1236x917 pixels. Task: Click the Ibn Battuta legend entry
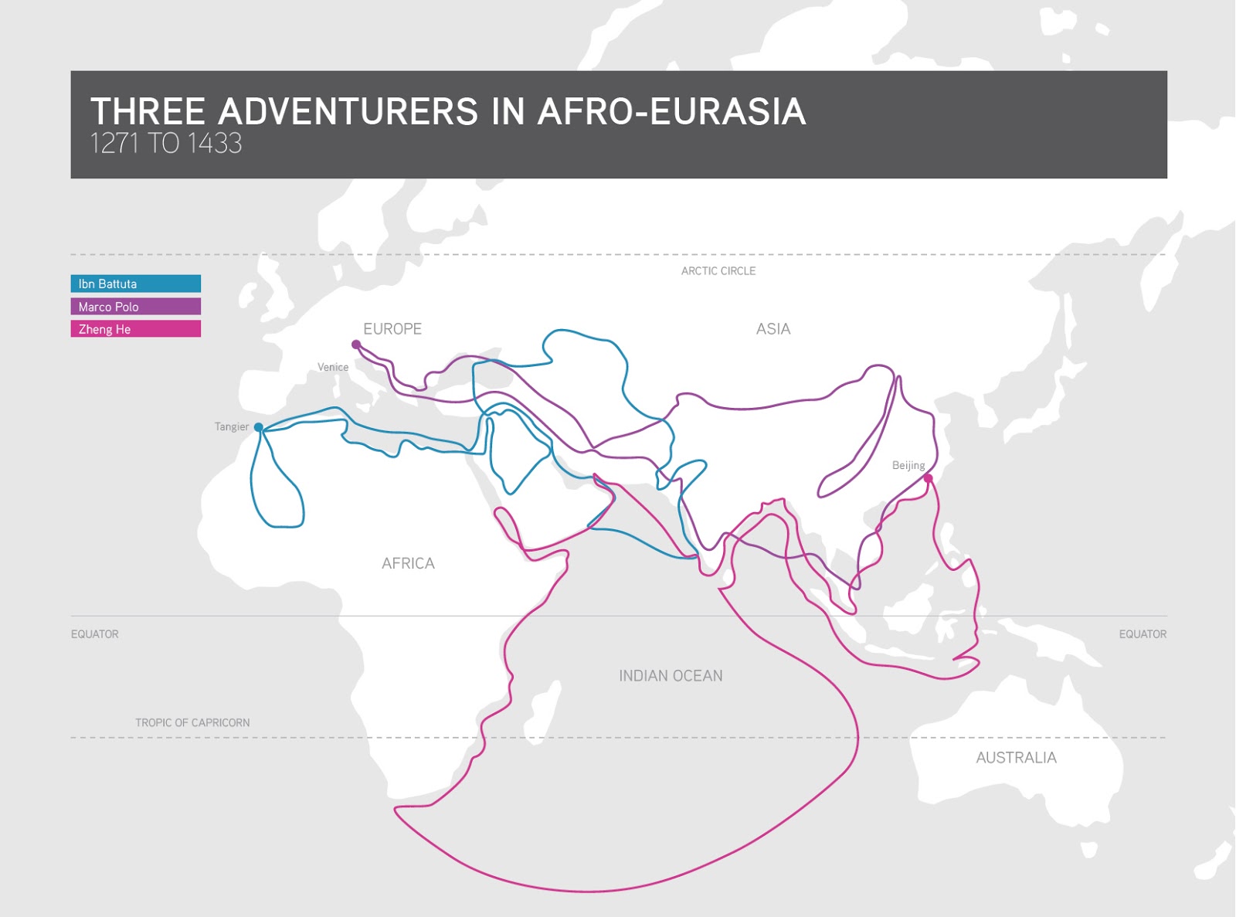click(x=135, y=284)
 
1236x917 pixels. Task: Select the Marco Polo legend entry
click(x=135, y=307)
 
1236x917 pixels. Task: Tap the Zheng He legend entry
click(x=135, y=329)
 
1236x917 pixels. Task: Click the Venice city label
click(x=333, y=367)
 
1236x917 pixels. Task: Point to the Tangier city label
click(x=232, y=426)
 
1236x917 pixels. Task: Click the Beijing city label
click(x=908, y=465)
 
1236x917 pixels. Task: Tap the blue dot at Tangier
click(x=259, y=427)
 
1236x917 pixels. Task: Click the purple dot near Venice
click(x=356, y=345)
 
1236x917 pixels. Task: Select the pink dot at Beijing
click(x=929, y=479)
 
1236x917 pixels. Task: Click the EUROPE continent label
click(x=392, y=329)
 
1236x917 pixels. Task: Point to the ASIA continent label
click(x=773, y=329)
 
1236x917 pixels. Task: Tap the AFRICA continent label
click(x=408, y=564)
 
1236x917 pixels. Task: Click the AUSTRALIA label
click(x=1016, y=758)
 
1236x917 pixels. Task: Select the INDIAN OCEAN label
click(x=671, y=676)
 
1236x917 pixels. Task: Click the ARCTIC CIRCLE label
click(x=718, y=271)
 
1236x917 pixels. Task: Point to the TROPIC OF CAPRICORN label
click(x=192, y=723)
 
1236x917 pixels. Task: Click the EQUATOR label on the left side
click(x=95, y=634)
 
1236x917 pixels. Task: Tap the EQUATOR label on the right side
click(x=1143, y=634)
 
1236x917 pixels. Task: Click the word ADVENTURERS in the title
click(x=348, y=111)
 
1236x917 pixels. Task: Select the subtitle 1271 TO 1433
click(x=166, y=144)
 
